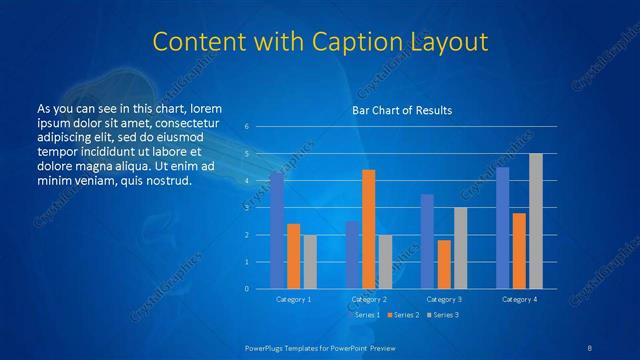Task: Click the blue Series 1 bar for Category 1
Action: (277, 230)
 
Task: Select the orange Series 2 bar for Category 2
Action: (368, 229)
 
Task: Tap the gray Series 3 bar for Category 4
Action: (536, 221)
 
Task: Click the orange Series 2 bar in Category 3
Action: (444, 264)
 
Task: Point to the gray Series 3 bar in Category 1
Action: (310, 262)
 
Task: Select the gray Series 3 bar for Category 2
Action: (385, 262)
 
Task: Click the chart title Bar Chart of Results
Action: (402, 110)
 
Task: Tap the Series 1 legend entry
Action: (366, 315)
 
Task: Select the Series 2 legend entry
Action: (404, 315)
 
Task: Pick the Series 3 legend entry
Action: (442, 315)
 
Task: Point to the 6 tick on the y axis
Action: (247, 127)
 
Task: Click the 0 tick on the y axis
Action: (247, 289)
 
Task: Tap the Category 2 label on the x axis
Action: (369, 299)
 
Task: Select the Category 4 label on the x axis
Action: (519, 299)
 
